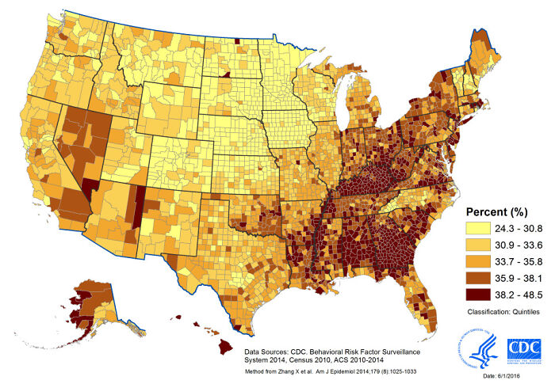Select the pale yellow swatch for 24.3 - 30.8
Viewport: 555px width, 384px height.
(x=475, y=229)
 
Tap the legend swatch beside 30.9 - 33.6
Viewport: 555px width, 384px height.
(x=475, y=245)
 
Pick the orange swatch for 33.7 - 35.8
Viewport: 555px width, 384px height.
(x=475, y=260)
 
